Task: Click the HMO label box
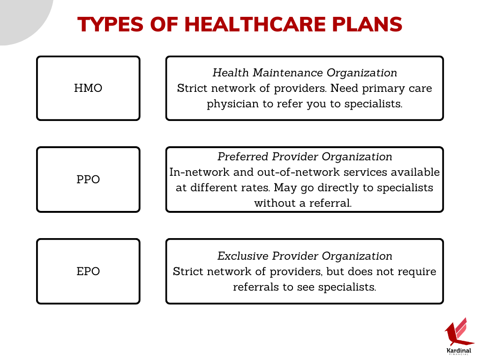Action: pos(88,88)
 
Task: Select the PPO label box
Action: pos(88,180)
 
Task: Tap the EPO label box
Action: pos(88,271)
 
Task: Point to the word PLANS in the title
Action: pos(367,24)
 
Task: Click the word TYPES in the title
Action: pos(110,24)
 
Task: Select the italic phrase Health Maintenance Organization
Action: pos(305,73)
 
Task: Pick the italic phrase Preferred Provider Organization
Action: pos(305,157)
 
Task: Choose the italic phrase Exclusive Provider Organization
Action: pos(305,256)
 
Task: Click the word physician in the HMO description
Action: pos(232,104)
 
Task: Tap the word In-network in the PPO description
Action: pos(199,172)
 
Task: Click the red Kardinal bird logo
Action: pos(458,332)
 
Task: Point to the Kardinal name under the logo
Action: pos(459,351)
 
